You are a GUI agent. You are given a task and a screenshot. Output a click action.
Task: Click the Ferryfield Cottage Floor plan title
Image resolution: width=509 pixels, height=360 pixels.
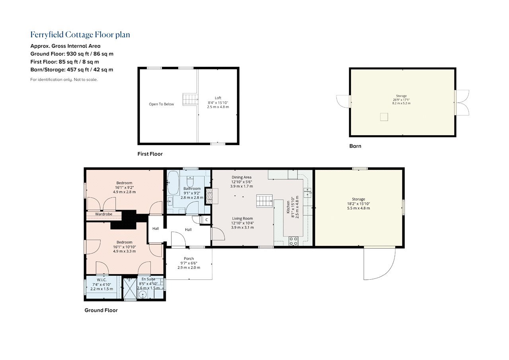(80, 35)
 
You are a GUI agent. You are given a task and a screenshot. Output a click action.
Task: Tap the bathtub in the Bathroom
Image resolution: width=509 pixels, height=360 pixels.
(173, 183)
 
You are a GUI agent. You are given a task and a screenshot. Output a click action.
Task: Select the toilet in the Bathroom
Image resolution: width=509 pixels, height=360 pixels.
(190, 181)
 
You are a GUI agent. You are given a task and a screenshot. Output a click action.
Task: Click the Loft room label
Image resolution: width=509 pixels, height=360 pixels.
(218, 98)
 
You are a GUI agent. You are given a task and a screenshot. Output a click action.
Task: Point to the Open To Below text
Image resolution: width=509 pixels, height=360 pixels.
(161, 104)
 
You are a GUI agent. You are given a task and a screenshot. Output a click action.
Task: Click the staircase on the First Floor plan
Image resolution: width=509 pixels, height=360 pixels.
(190, 99)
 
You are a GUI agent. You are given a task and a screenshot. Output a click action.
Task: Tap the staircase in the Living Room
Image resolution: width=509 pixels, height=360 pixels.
(264, 201)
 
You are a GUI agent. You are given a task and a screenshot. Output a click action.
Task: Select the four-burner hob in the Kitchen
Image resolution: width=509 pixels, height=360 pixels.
(293, 241)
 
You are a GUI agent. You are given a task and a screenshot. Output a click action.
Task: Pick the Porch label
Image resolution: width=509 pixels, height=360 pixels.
(189, 259)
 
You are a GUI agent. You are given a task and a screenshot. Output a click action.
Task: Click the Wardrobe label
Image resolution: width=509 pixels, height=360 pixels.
(104, 214)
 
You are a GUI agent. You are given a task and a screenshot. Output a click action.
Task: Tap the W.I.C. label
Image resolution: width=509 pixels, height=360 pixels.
(101, 280)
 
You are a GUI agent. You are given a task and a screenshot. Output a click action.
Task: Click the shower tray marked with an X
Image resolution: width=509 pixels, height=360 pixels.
(130, 288)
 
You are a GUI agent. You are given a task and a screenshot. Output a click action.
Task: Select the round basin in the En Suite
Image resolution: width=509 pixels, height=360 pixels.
(142, 295)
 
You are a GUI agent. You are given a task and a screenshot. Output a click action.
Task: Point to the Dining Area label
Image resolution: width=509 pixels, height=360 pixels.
(241, 177)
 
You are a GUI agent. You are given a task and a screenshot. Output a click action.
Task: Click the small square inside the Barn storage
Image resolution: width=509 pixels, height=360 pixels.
(384, 117)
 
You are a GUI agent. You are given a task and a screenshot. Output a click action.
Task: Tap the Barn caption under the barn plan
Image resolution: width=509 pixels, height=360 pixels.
(355, 146)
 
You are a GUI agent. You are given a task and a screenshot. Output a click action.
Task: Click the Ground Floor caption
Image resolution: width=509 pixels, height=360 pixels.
(101, 310)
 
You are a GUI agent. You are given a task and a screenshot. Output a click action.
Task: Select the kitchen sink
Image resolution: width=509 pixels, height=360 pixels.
(307, 193)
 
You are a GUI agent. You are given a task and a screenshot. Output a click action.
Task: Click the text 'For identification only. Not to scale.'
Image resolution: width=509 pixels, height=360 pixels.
(64, 80)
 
